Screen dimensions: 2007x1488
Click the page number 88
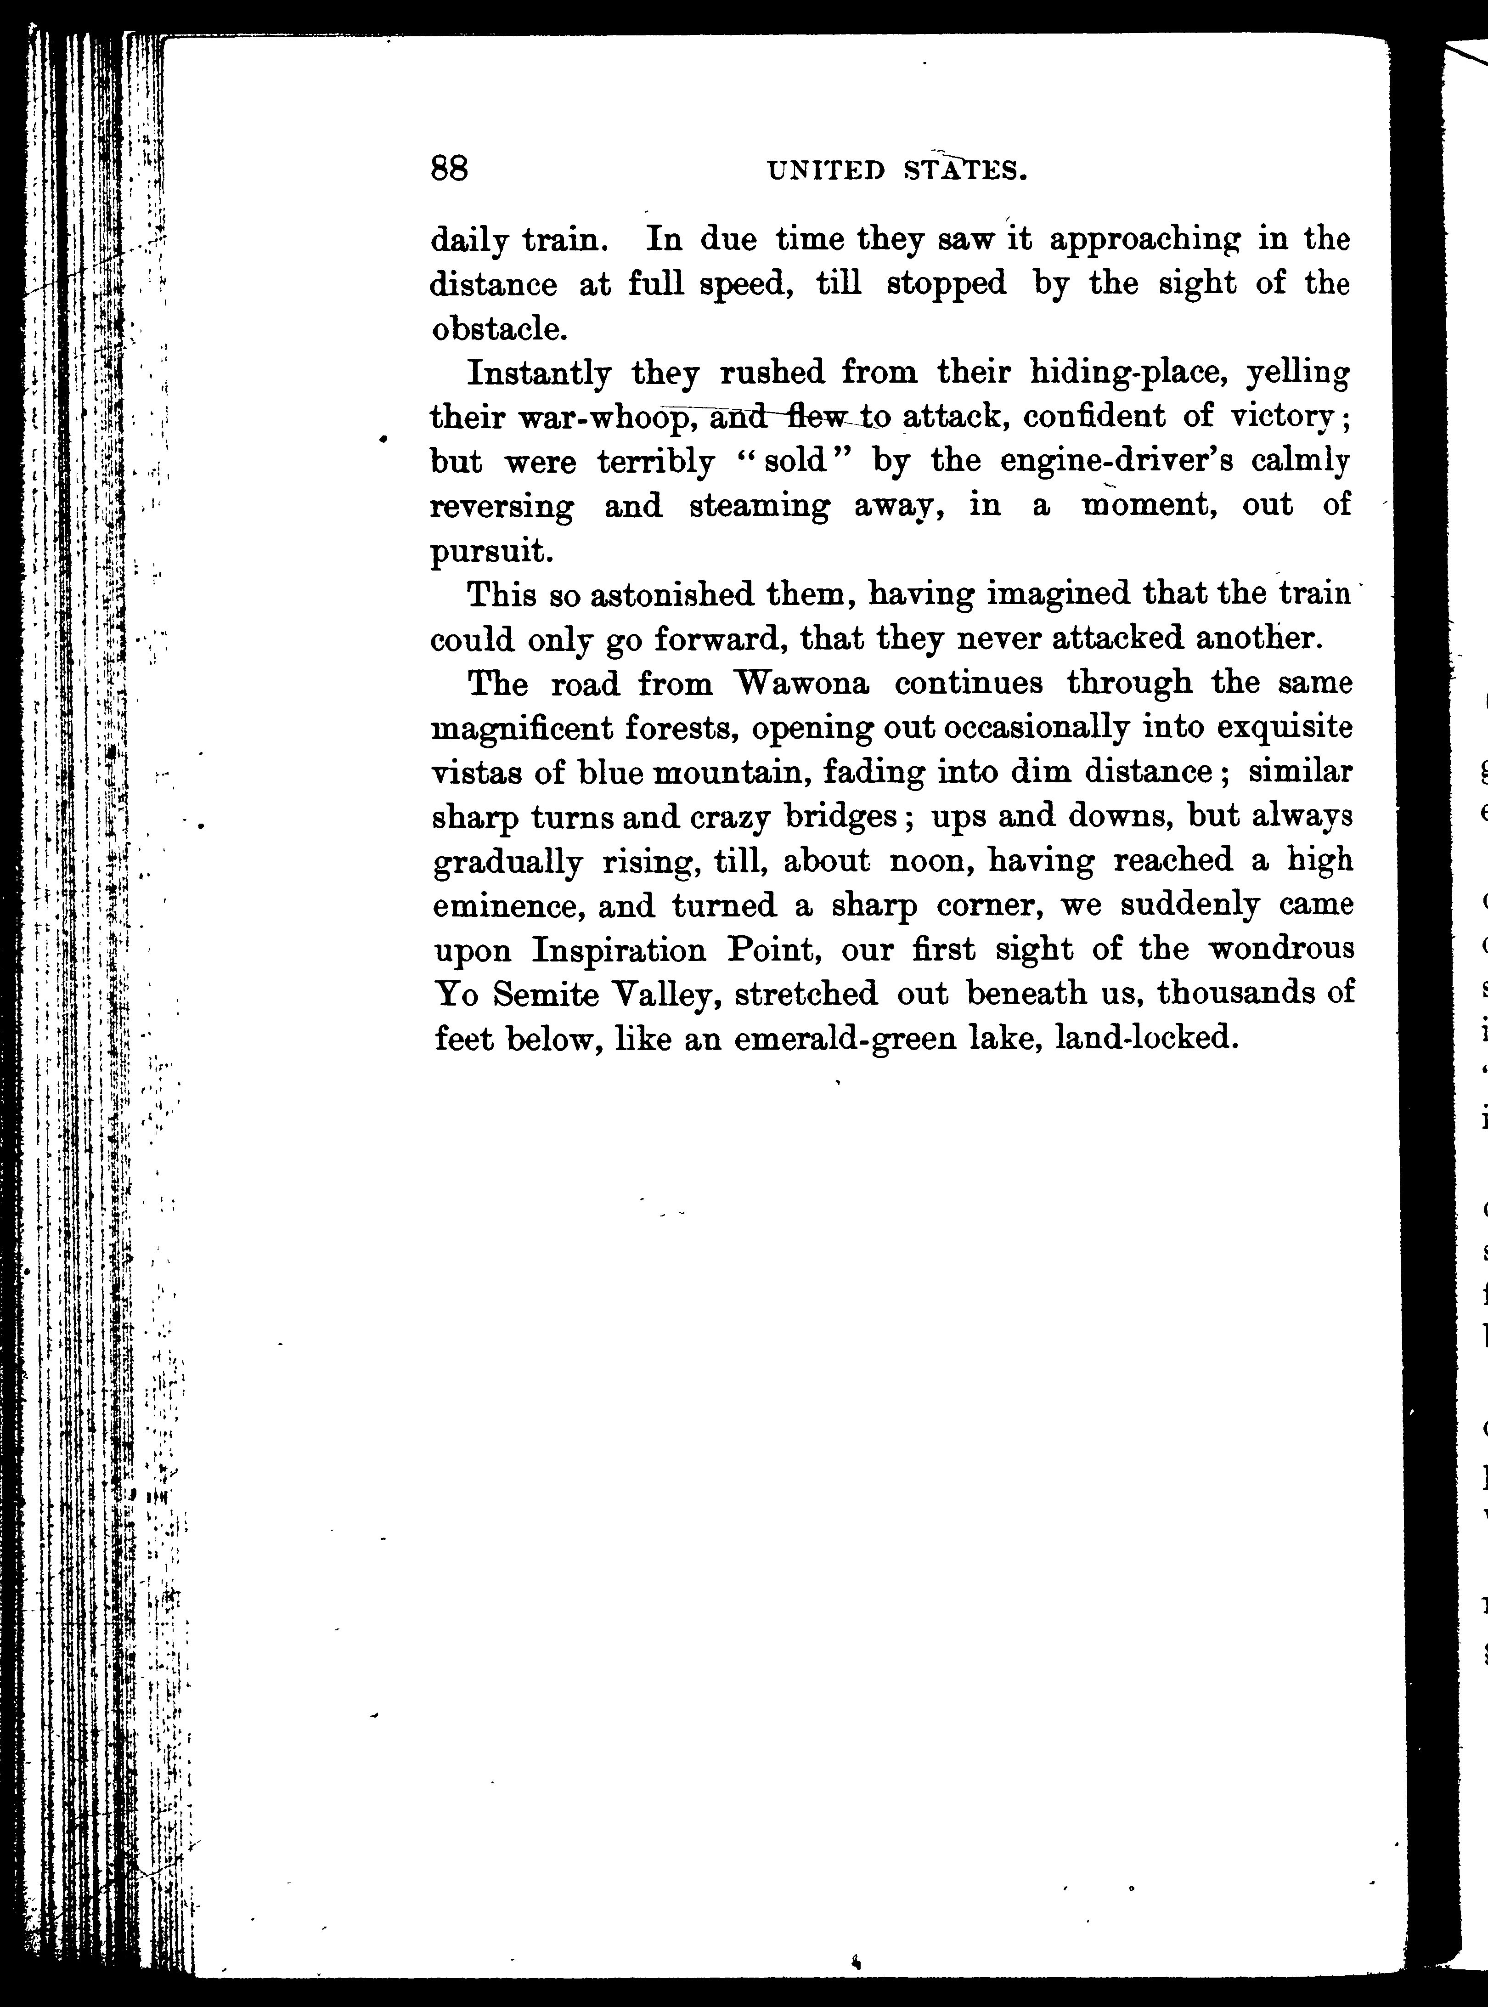(450, 169)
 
